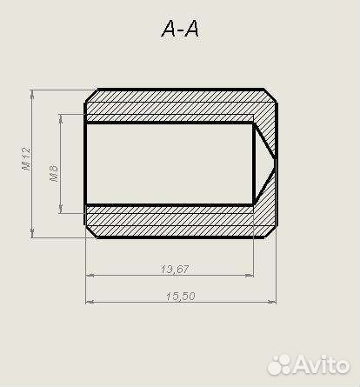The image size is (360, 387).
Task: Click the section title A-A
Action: click(x=180, y=29)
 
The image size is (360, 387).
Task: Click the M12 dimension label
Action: click(x=26, y=158)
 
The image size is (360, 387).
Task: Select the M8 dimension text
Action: click(x=54, y=173)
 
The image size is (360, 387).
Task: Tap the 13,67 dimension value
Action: click(x=175, y=270)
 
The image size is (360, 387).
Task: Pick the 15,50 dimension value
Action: click(x=181, y=297)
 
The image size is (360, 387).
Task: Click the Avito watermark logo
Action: click(x=309, y=365)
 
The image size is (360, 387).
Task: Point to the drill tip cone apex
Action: click(x=276, y=158)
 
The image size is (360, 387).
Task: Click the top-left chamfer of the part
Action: click(x=91, y=96)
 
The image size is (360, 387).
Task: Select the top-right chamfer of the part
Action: click(x=270, y=95)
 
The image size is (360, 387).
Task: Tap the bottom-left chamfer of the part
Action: click(x=91, y=231)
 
